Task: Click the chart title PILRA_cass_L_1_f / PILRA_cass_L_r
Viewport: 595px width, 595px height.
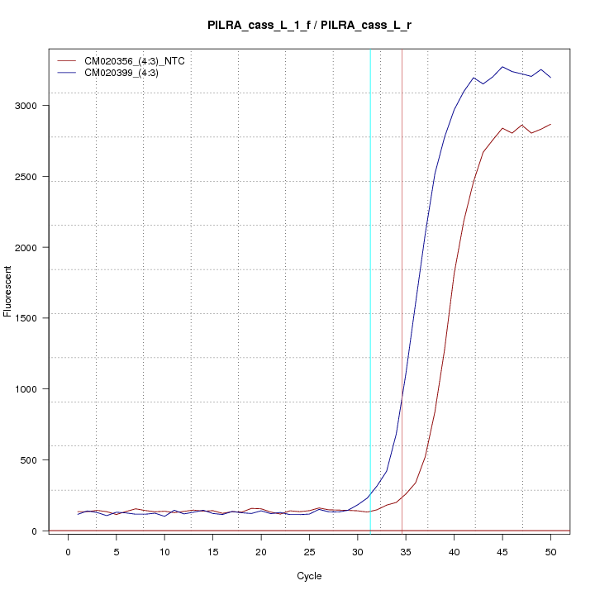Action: [310, 26]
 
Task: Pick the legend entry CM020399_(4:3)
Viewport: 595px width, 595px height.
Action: [127, 73]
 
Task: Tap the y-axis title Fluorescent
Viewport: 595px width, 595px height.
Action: [9, 290]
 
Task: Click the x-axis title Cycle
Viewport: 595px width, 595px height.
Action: [309, 576]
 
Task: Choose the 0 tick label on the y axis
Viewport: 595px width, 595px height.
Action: [36, 531]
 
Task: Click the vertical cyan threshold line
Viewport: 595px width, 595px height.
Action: [370, 289]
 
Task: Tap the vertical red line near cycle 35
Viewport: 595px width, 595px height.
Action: [402, 289]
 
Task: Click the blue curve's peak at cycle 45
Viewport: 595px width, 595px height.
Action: [502, 67]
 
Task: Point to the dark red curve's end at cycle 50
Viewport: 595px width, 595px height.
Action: [550, 124]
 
